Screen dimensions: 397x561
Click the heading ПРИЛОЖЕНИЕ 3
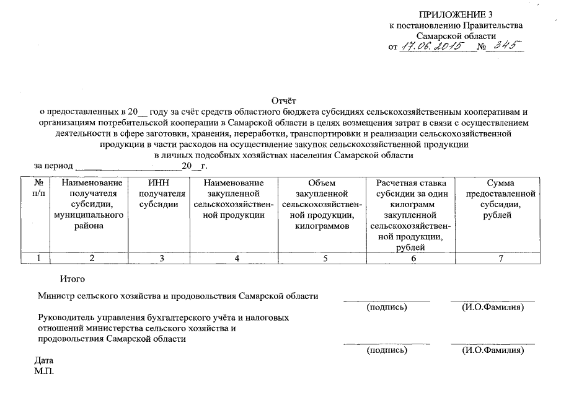456,14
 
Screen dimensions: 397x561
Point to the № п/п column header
38,188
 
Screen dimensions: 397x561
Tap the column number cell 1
38,259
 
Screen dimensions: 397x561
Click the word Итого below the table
73,280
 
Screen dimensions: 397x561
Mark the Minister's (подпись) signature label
387,307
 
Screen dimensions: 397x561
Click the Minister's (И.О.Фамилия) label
493,307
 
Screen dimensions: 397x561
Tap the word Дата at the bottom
44,360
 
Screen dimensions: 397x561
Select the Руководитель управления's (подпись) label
387,350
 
